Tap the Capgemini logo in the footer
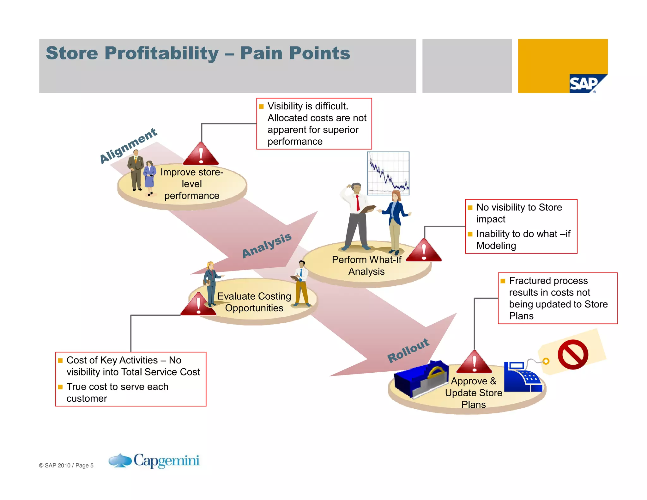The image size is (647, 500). pyautogui.click(x=154, y=461)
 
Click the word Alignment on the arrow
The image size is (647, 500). pyautogui.click(x=128, y=146)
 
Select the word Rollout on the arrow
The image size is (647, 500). pyautogui.click(x=408, y=350)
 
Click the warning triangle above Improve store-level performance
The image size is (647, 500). pyautogui.click(x=201, y=155)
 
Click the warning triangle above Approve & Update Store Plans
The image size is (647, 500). pyautogui.click(x=474, y=363)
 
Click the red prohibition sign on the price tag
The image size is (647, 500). pyautogui.click(x=573, y=355)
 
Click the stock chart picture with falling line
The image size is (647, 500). pyautogui.click(x=388, y=173)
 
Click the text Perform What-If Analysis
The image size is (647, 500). pyautogui.click(x=366, y=265)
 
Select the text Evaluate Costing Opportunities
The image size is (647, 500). pyautogui.click(x=254, y=302)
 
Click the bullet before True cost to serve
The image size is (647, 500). pyautogui.click(x=60, y=387)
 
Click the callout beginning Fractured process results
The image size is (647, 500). pyautogui.click(x=558, y=298)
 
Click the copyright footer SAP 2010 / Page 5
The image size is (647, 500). pyautogui.click(x=66, y=465)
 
